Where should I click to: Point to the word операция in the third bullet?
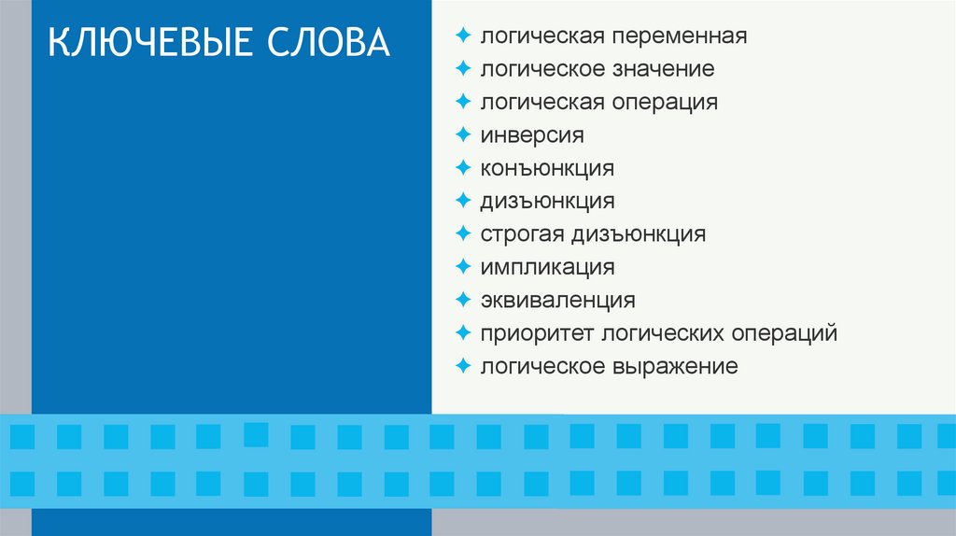666,102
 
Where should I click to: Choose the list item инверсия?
532,135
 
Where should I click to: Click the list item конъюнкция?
547,168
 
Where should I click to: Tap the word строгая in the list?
520,233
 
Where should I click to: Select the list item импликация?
547,267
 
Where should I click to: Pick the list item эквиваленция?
558,301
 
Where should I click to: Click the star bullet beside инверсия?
462,134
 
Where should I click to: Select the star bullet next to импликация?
462,266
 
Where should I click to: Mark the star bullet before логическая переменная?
462,35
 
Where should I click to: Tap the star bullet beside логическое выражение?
462,365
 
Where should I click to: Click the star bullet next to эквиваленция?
462,300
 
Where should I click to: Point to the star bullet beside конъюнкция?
462,167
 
